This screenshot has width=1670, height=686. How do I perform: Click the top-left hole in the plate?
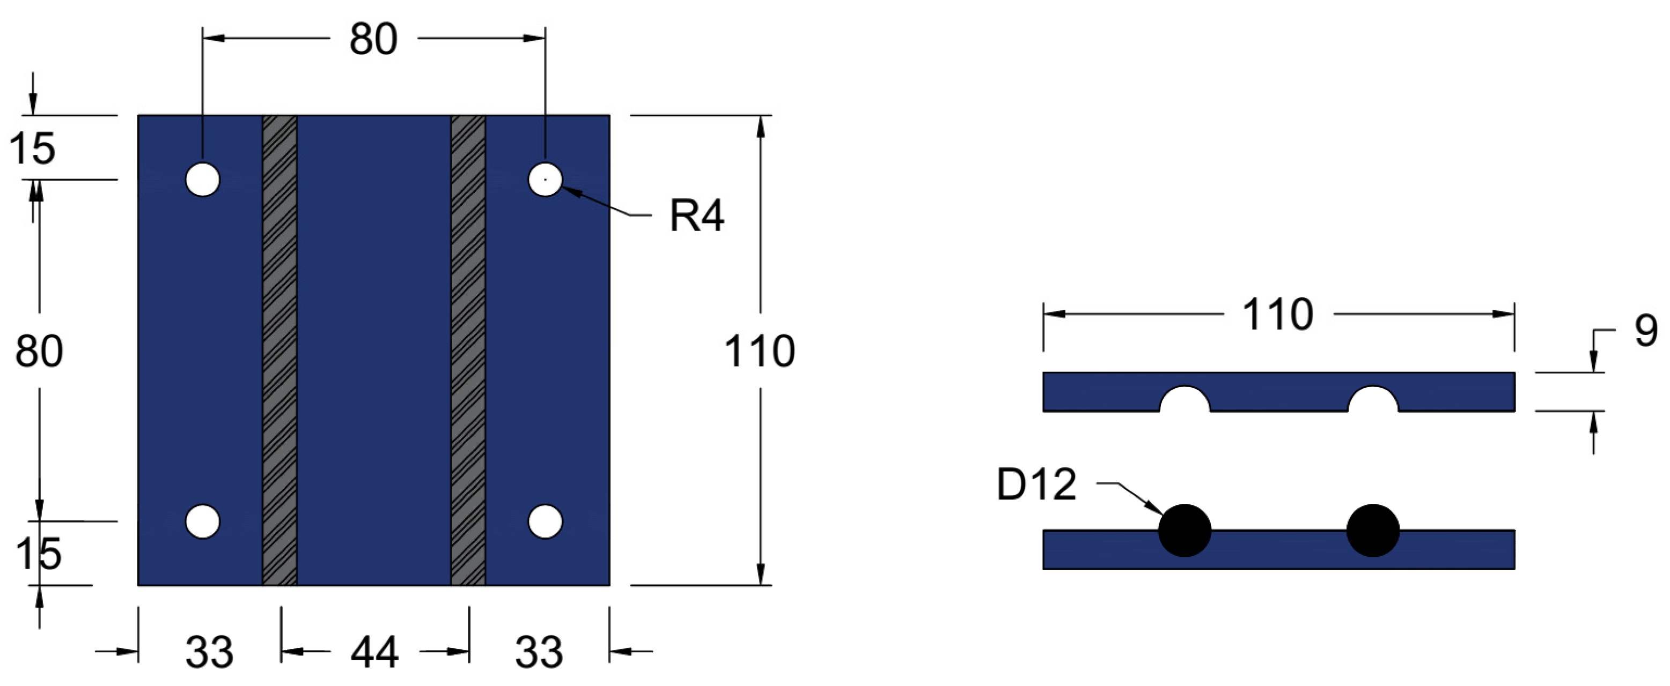[202, 180]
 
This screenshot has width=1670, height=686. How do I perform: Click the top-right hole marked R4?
[545, 180]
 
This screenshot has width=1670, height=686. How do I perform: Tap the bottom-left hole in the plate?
[202, 521]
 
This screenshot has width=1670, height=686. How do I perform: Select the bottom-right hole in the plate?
[545, 521]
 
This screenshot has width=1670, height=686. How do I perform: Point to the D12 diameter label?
[1036, 484]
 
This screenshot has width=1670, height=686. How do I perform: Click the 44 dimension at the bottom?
[374, 652]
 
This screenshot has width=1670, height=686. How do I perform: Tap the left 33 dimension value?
[209, 652]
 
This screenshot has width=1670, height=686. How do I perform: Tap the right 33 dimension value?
[539, 652]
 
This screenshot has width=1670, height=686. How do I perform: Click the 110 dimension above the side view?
[1277, 315]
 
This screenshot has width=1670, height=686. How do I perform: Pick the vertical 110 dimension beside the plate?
[759, 351]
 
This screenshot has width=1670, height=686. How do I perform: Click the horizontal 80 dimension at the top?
[373, 40]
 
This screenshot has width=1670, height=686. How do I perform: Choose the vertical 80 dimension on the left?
[39, 351]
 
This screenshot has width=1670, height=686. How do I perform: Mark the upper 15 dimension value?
[32, 148]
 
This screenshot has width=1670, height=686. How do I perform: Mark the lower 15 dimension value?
[38, 554]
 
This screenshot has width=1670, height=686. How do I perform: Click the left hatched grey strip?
[279, 350]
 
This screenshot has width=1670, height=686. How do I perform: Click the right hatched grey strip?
[468, 350]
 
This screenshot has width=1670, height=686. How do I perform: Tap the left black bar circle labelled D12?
[1184, 530]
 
